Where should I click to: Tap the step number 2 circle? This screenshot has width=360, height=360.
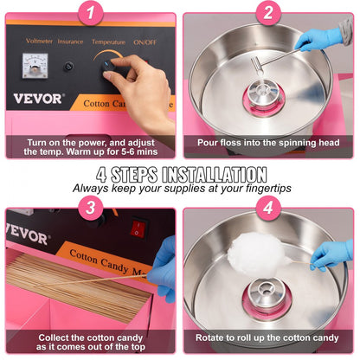coord(268,12)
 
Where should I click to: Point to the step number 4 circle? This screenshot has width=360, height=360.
coord(268,208)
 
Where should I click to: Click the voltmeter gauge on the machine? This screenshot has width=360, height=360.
coord(36,65)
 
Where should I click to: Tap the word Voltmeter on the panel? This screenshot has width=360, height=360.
coord(39,40)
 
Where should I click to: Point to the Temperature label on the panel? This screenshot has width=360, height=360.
coord(108,40)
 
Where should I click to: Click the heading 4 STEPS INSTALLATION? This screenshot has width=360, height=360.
coord(181,172)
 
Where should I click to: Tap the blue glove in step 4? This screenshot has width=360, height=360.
coord(332,254)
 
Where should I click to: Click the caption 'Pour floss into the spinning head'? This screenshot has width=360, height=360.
coord(267,142)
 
